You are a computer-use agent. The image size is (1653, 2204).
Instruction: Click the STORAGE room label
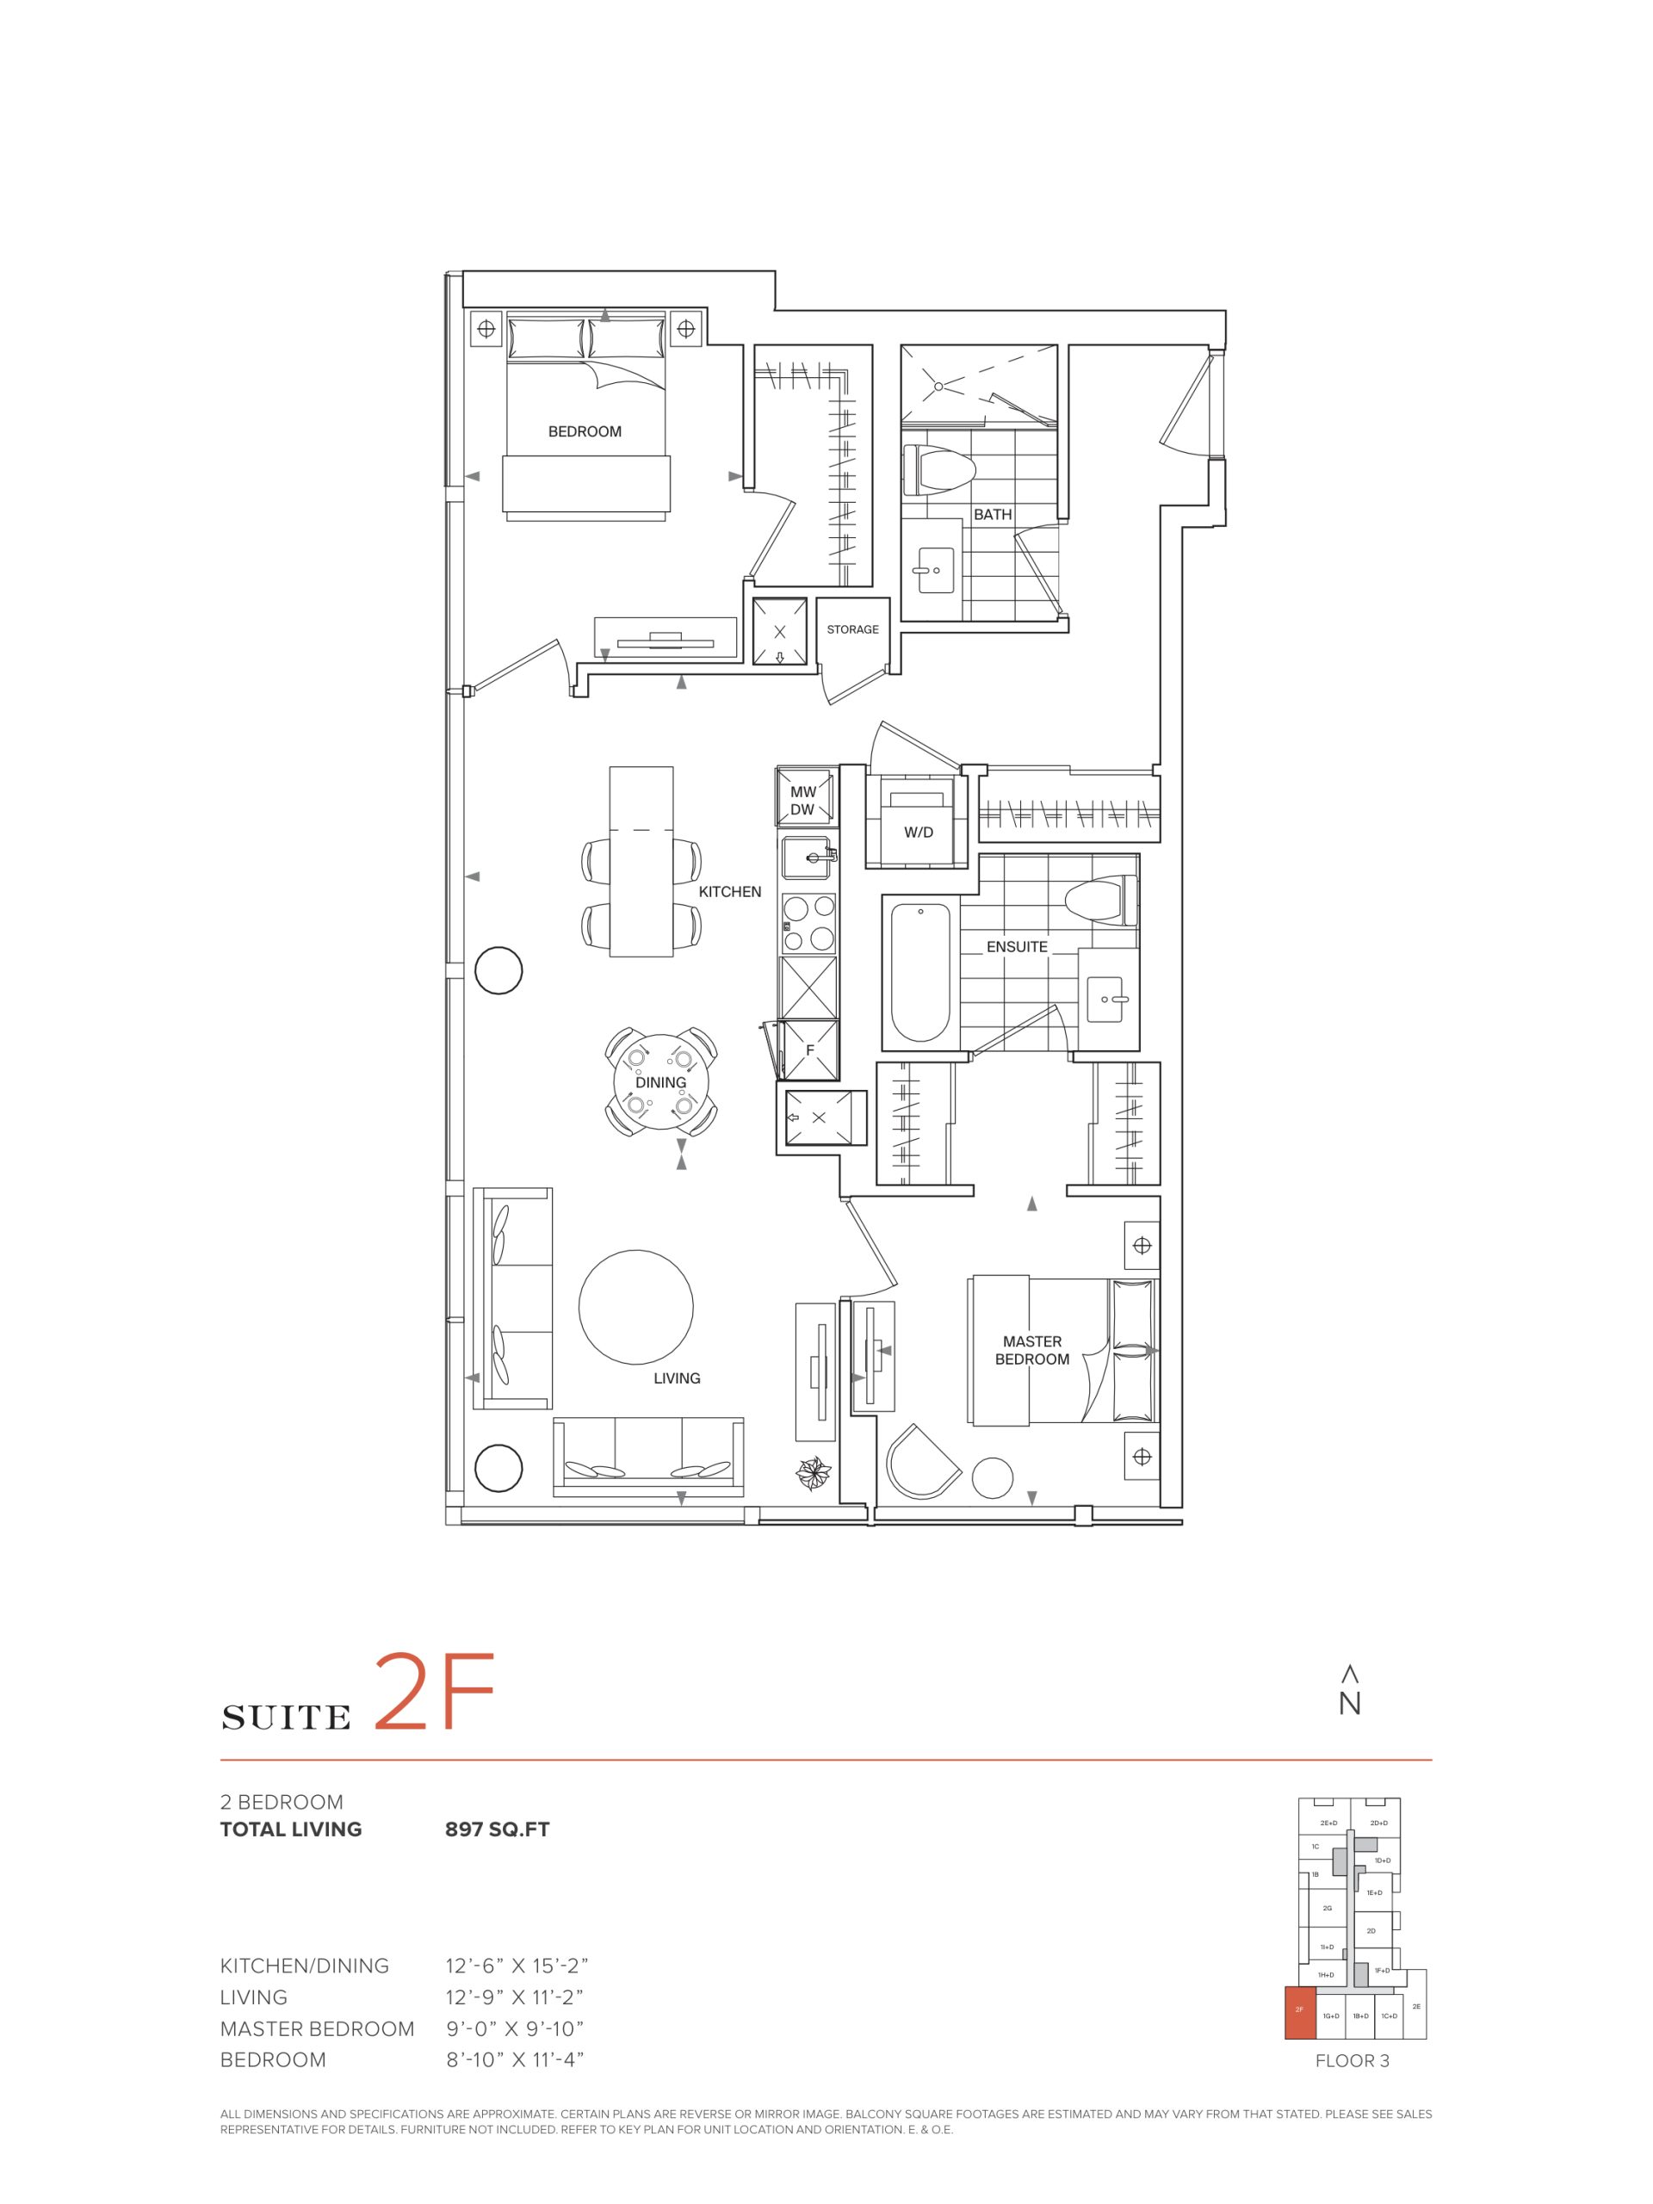pyautogui.click(x=852, y=629)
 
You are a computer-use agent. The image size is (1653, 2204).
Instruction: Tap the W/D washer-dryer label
pyautogui.click(x=919, y=832)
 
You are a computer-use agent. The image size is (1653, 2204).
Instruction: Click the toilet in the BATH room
pyautogui.click(x=938, y=470)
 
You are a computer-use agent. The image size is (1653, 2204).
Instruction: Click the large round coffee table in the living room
pyautogui.click(x=635, y=1309)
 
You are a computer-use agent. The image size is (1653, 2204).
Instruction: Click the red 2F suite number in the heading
pyautogui.click(x=435, y=1693)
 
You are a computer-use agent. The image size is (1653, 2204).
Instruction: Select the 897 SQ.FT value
pyautogui.click(x=498, y=1829)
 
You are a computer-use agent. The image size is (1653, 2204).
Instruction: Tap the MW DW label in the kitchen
pyautogui.click(x=803, y=801)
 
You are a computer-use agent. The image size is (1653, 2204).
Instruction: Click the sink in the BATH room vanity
pyautogui.click(x=935, y=569)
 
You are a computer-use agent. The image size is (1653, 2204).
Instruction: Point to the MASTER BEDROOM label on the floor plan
pyautogui.click(x=1032, y=1350)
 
